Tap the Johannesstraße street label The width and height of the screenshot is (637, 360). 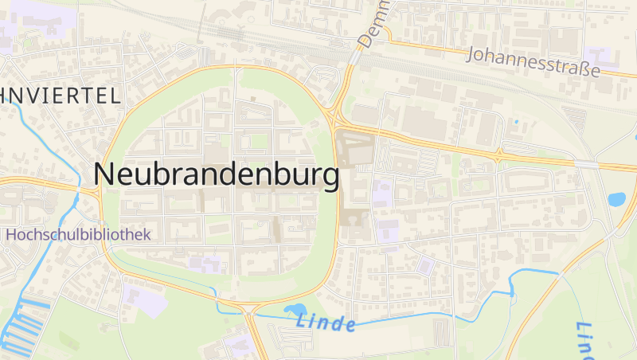click(x=533, y=63)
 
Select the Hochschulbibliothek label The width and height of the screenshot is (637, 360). click(x=77, y=235)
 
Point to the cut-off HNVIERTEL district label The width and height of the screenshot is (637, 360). click(x=61, y=96)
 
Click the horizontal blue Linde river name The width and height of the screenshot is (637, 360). click(x=324, y=323)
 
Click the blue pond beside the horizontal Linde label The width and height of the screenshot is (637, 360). click(x=294, y=311)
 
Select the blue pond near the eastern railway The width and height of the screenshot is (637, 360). click(x=616, y=198)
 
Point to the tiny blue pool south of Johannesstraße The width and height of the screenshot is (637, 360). click(x=516, y=122)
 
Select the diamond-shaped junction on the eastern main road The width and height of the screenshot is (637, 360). click(x=499, y=155)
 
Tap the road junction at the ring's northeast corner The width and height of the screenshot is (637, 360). click(x=332, y=116)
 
